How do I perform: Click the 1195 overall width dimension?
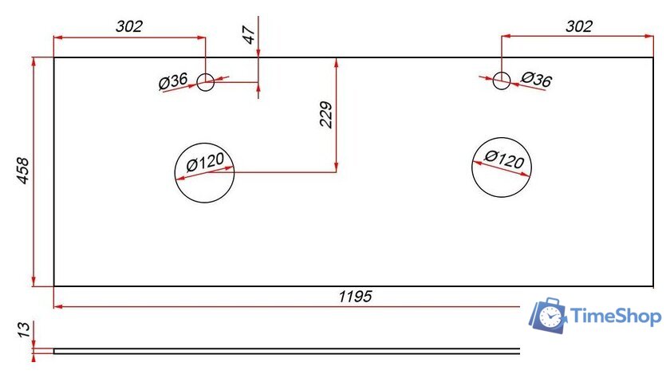pyautogui.click(x=355, y=297)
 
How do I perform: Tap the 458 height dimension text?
pyautogui.click(x=23, y=171)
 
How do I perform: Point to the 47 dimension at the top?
pyautogui.click(x=249, y=34)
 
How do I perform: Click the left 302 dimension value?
pyautogui.click(x=129, y=26)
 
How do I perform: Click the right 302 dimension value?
pyautogui.click(x=579, y=26)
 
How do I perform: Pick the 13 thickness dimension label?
pyautogui.click(x=24, y=328)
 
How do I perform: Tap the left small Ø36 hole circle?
pyautogui.click(x=206, y=81)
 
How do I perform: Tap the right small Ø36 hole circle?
pyautogui.click(x=501, y=81)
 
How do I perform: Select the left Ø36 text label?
pyautogui.click(x=173, y=81)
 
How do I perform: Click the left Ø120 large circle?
pyautogui.click(x=205, y=173)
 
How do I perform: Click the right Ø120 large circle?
pyautogui.click(x=502, y=168)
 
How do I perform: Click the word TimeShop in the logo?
pyautogui.click(x=616, y=317)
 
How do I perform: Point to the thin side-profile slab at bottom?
pyautogui.click(x=287, y=350)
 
